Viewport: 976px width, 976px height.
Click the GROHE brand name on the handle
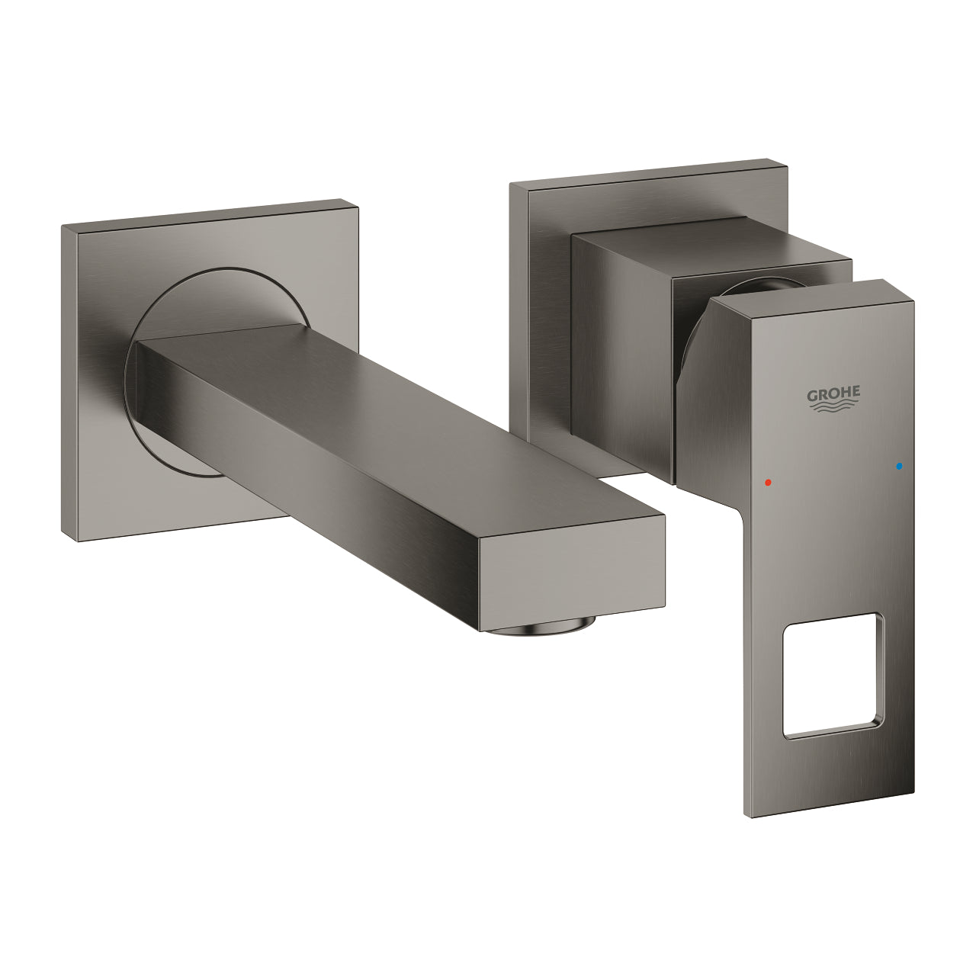tap(833, 394)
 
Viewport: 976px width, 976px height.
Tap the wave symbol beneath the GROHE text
tap(833, 408)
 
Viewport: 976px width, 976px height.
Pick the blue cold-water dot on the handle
tap(900, 465)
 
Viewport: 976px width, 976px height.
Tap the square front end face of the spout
tap(572, 572)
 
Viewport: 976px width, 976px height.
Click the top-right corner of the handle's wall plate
tap(785, 163)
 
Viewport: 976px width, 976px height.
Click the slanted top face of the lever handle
tap(808, 297)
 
